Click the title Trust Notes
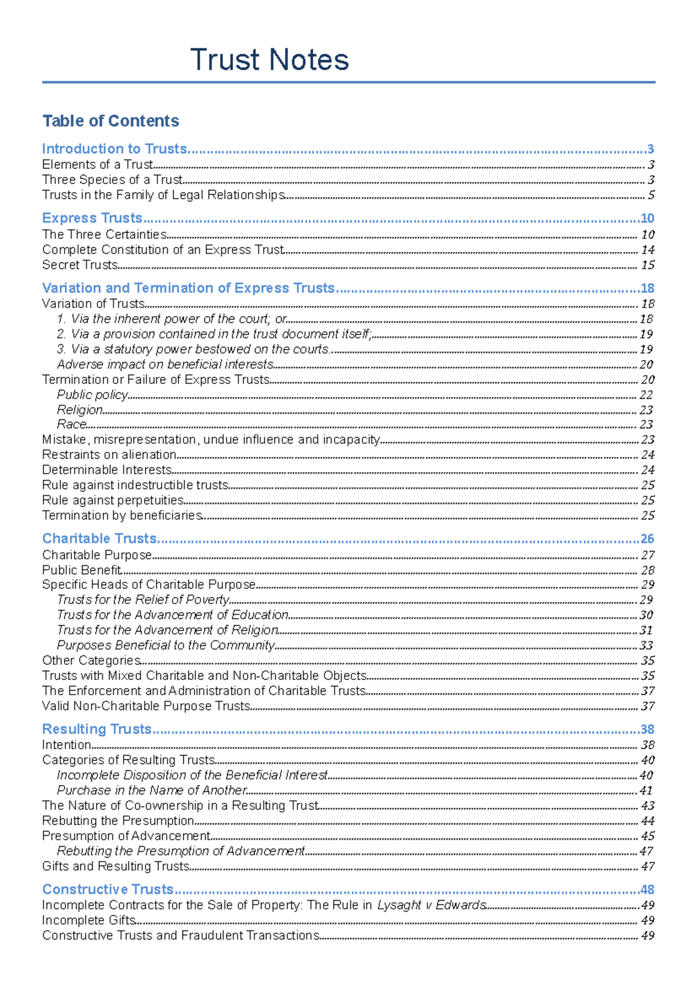269,60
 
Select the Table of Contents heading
110,121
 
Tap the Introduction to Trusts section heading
114,149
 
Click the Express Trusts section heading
92,218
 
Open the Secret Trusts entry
80,265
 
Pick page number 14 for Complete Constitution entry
647,250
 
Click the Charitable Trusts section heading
99,538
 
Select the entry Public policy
92,395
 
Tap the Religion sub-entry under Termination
80,410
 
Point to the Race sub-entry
71,424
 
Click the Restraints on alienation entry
109,455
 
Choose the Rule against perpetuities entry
113,500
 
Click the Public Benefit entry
81,570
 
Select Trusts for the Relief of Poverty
143,600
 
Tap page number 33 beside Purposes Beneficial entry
646,646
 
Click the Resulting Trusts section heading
96,729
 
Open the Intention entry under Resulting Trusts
66,745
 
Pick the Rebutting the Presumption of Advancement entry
181,851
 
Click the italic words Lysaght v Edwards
431,905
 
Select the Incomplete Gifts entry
88,920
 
